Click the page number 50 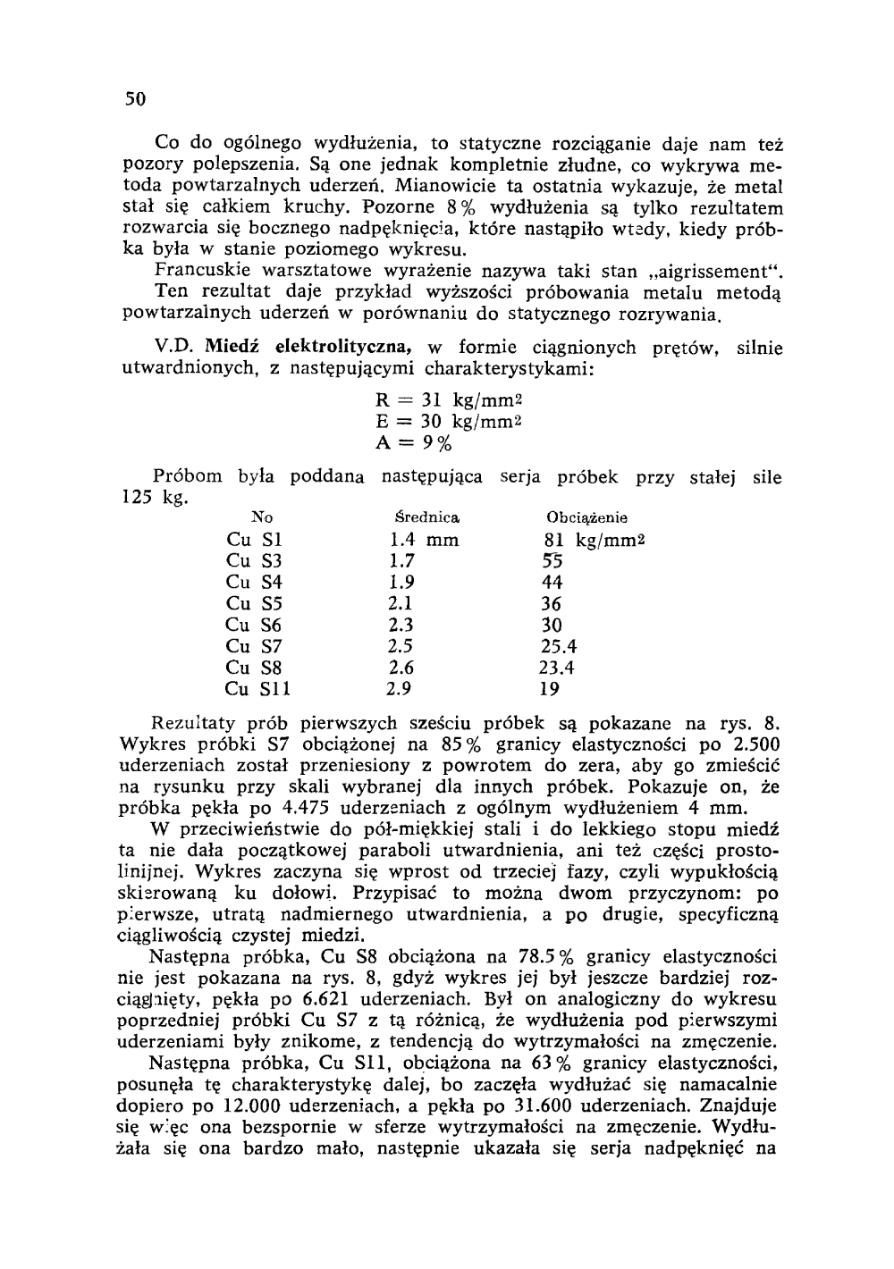tap(133, 99)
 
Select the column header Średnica tap(427, 517)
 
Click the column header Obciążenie tap(586, 517)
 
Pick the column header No tap(263, 517)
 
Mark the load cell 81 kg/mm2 tap(594, 540)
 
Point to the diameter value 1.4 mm tap(424, 540)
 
